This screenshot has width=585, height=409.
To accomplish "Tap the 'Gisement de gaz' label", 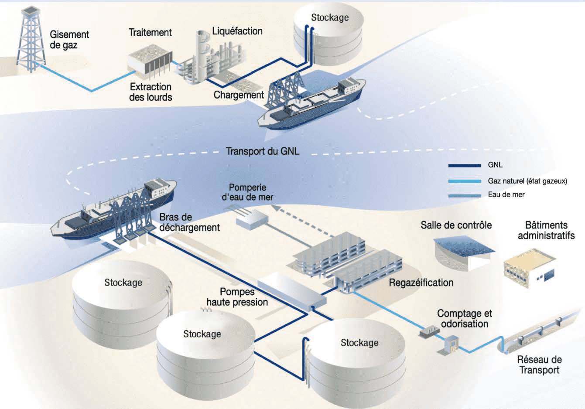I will (69, 40).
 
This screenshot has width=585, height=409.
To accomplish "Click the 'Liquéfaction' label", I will (237, 31).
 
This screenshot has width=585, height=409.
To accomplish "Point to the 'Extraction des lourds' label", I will (151, 92).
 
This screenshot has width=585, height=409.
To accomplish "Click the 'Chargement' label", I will (239, 95).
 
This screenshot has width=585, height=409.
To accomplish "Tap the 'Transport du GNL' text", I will (263, 151).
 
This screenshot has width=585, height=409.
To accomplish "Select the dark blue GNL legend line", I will (464, 166).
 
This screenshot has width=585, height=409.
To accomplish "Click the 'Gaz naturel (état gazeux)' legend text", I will (527, 181).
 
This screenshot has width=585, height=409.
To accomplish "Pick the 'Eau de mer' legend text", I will (506, 195).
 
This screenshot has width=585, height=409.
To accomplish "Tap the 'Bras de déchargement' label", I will (189, 222).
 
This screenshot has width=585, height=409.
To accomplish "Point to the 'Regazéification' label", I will (421, 283).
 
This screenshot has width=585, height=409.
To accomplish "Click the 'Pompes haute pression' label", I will (237, 297).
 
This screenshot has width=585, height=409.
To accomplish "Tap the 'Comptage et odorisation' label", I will (464, 319).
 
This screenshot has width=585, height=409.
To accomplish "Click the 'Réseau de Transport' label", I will (539, 365).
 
